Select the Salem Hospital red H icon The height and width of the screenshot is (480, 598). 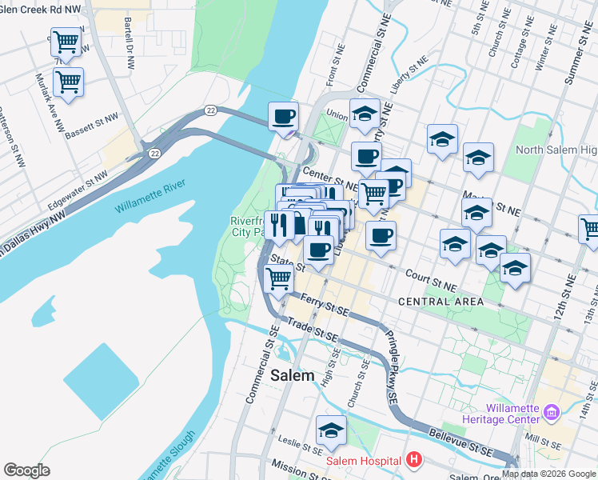pyautogui.click(x=413, y=460)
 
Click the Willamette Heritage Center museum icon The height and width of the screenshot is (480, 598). pyautogui.click(x=551, y=413)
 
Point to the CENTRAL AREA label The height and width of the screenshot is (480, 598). pyautogui.click(x=441, y=302)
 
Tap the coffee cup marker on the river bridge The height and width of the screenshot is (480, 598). pyautogui.click(x=283, y=118)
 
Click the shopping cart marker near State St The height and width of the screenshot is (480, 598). pyautogui.click(x=277, y=279)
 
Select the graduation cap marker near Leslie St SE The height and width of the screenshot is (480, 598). pyautogui.click(x=331, y=430)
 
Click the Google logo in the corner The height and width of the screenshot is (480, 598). pyautogui.click(x=26, y=470)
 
